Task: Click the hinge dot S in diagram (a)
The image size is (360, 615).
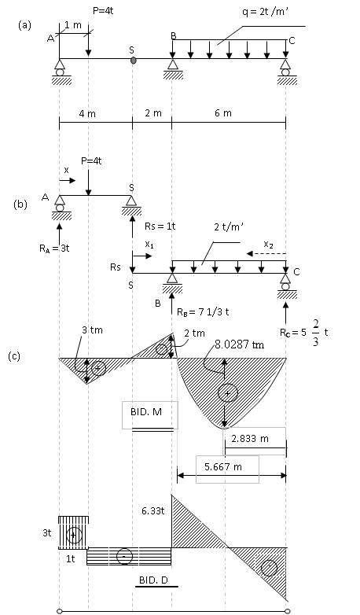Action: click(134, 60)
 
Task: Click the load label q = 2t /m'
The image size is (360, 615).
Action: click(266, 12)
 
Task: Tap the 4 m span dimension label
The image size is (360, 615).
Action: click(87, 114)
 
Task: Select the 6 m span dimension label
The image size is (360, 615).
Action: click(223, 113)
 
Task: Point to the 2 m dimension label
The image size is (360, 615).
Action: click(153, 113)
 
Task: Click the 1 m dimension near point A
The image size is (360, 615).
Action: click(73, 25)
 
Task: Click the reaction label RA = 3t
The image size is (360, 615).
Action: click(54, 249)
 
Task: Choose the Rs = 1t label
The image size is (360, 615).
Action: click(160, 226)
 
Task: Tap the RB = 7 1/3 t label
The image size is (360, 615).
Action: click(203, 311)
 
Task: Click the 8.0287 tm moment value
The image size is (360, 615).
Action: click(239, 344)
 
